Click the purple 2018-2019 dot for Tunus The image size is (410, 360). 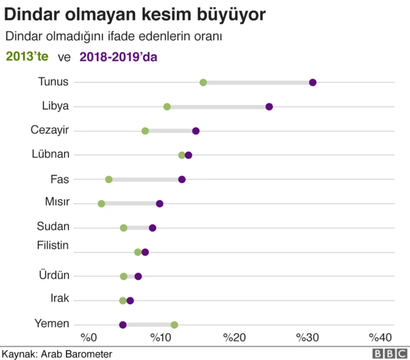(313, 83)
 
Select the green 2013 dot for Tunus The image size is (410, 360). (203, 83)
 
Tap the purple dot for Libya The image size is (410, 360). (269, 106)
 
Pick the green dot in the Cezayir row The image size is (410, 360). (145, 131)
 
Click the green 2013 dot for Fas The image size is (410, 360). (109, 179)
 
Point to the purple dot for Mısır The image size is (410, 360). (160, 204)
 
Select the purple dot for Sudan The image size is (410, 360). (152, 228)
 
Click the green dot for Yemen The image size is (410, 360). (174, 325)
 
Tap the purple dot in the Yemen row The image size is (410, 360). (123, 325)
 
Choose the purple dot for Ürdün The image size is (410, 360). (138, 276)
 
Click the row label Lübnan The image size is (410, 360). (51, 154)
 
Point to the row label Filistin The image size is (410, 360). (53, 245)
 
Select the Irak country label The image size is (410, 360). (60, 299)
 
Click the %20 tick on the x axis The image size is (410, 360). (234, 338)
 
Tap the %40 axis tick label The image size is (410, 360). (381, 338)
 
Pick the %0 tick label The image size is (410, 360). (88, 338)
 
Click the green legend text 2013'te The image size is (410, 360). (28, 56)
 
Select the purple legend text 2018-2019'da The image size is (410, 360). (119, 56)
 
